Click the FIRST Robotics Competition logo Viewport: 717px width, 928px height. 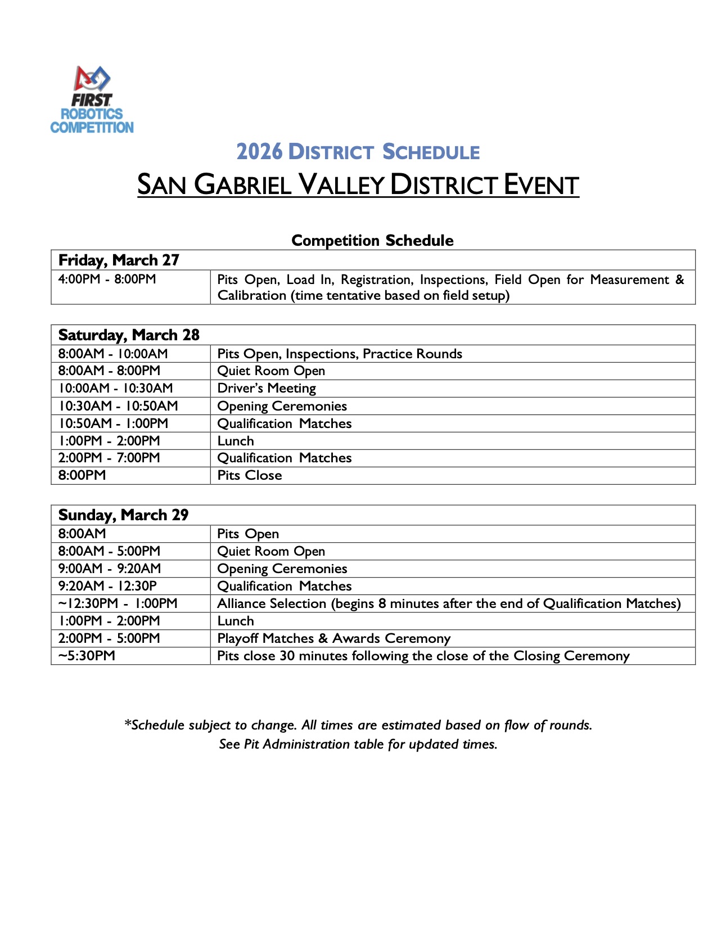pyautogui.click(x=92, y=100)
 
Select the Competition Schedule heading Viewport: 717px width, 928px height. pyautogui.click(x=372, y=241)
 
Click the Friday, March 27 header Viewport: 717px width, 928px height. pyautogui.click(x=119, y=260)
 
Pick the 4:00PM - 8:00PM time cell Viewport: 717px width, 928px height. pyautogui.click(x=107, y=279)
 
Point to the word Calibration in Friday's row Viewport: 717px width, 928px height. pyautogui.click(x=251, y=295)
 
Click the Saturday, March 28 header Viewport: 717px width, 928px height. pyautogui.click(x=129, y=335)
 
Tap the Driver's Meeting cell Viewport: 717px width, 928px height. pyautogui.click(x=267, y=388)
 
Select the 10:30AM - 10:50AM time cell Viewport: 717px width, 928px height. pyautogui.click(x=118, y=406)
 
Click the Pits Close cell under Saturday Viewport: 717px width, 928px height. pyautogui.click(x=250, y=475)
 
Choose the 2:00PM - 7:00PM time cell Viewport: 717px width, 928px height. pyautogui.click(x=109, y=458)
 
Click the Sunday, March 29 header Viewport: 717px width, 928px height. pyautogui.click(x=123, y=515)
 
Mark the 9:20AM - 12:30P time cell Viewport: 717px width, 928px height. pyautogui.click(x=107, y=586)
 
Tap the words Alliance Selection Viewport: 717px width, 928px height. pyautogui.click(x=272, y=603)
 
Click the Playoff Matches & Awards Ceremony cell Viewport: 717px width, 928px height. pyautogui.click(x=334, y=638)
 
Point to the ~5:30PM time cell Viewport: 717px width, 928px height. pyautogui.click(x=87, y=656)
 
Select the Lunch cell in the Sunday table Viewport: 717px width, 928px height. pyautogui.click(x=236, y=621)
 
